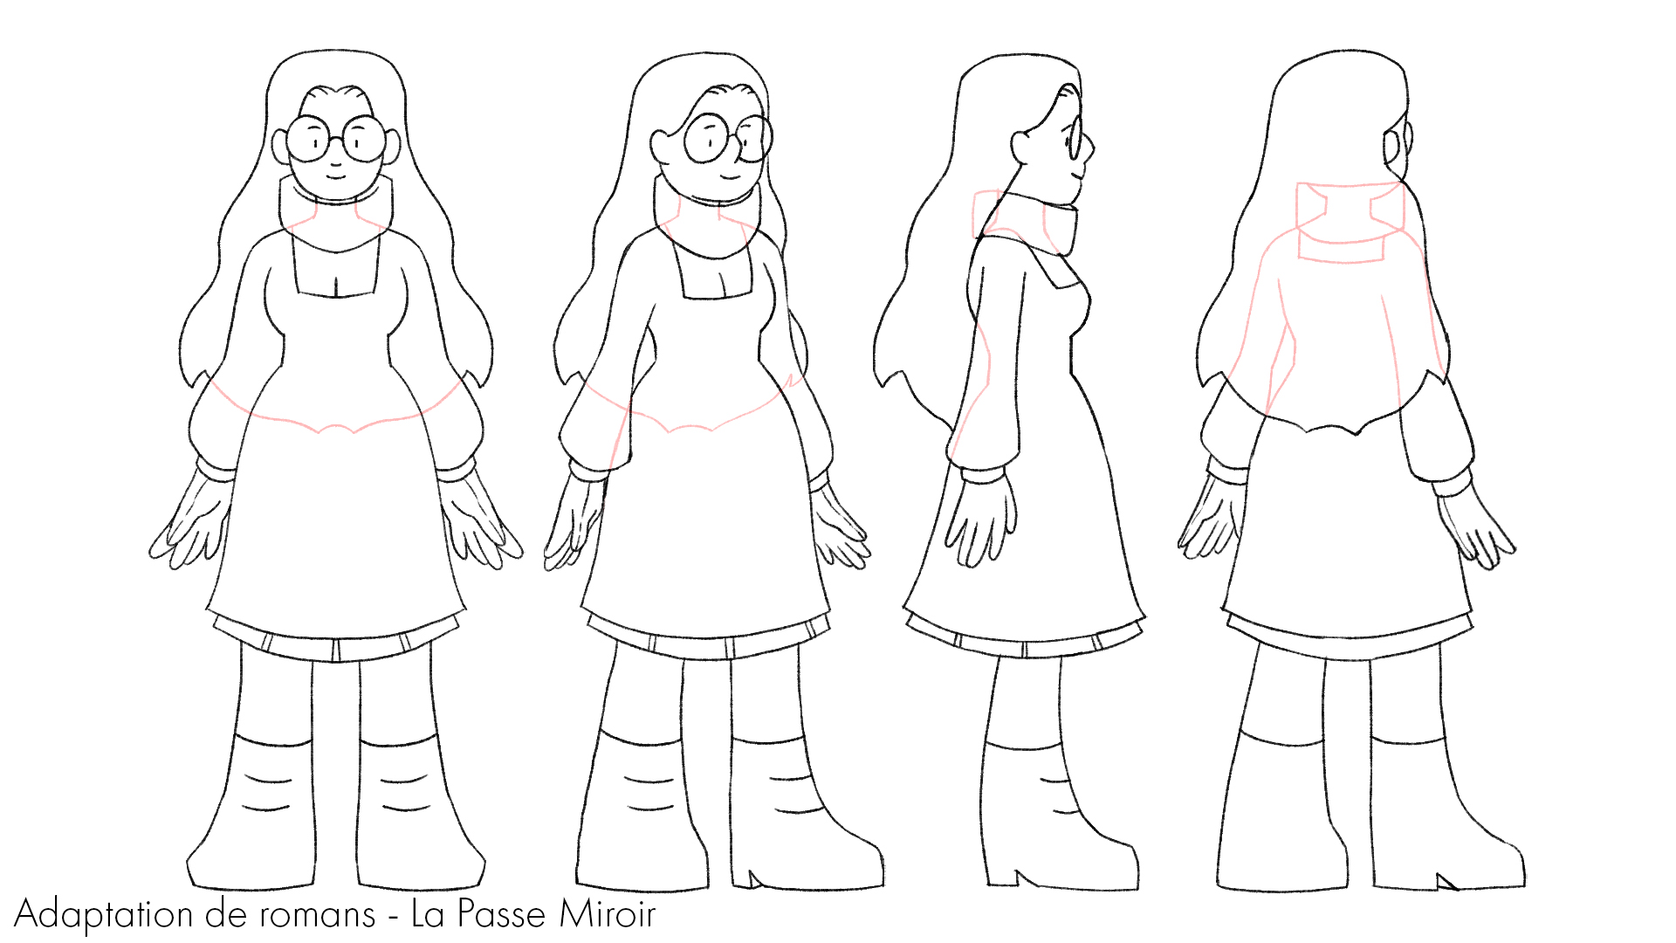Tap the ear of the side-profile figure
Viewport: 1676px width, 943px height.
click(1020, 146)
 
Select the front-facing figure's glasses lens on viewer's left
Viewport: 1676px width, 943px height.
click(309, 139)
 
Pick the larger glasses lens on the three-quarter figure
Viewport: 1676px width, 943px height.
click(708, 138)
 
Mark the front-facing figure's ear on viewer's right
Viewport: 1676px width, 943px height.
click(392, 146)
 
